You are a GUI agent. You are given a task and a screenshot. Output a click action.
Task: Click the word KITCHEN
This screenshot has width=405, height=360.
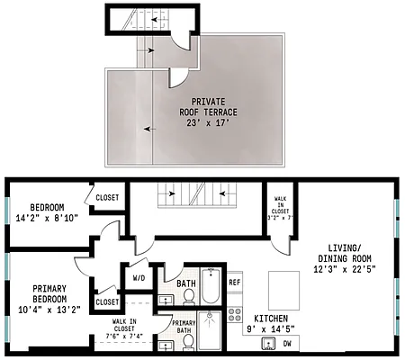(270, 319)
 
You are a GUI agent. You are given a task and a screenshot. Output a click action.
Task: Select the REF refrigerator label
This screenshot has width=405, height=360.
(234, 283)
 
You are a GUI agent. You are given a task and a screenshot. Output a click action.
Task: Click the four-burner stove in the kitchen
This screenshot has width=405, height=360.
(234, 315)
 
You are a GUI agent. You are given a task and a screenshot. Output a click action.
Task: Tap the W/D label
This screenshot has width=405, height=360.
(139, 279)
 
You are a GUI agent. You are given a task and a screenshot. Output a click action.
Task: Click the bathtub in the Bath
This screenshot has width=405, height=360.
(211, 286)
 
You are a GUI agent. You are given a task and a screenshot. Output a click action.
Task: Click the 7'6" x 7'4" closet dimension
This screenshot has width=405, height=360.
(124, 336)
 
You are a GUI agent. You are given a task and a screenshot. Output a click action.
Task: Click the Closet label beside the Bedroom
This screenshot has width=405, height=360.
(108, 197)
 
